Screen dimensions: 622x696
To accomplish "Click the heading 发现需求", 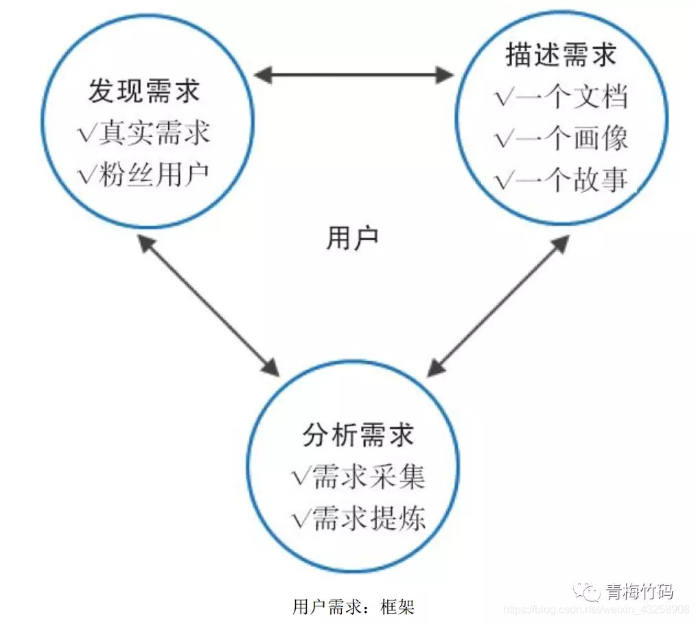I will [143, 92].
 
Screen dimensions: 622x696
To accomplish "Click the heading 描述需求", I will [560, 56].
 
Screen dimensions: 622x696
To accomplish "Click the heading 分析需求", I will [358, 435].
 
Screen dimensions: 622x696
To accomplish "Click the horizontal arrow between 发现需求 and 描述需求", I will [353, 74].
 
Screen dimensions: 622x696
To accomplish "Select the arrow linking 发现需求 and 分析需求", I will [209, 305].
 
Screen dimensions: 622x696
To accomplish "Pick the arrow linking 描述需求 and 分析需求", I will [498, 305].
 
